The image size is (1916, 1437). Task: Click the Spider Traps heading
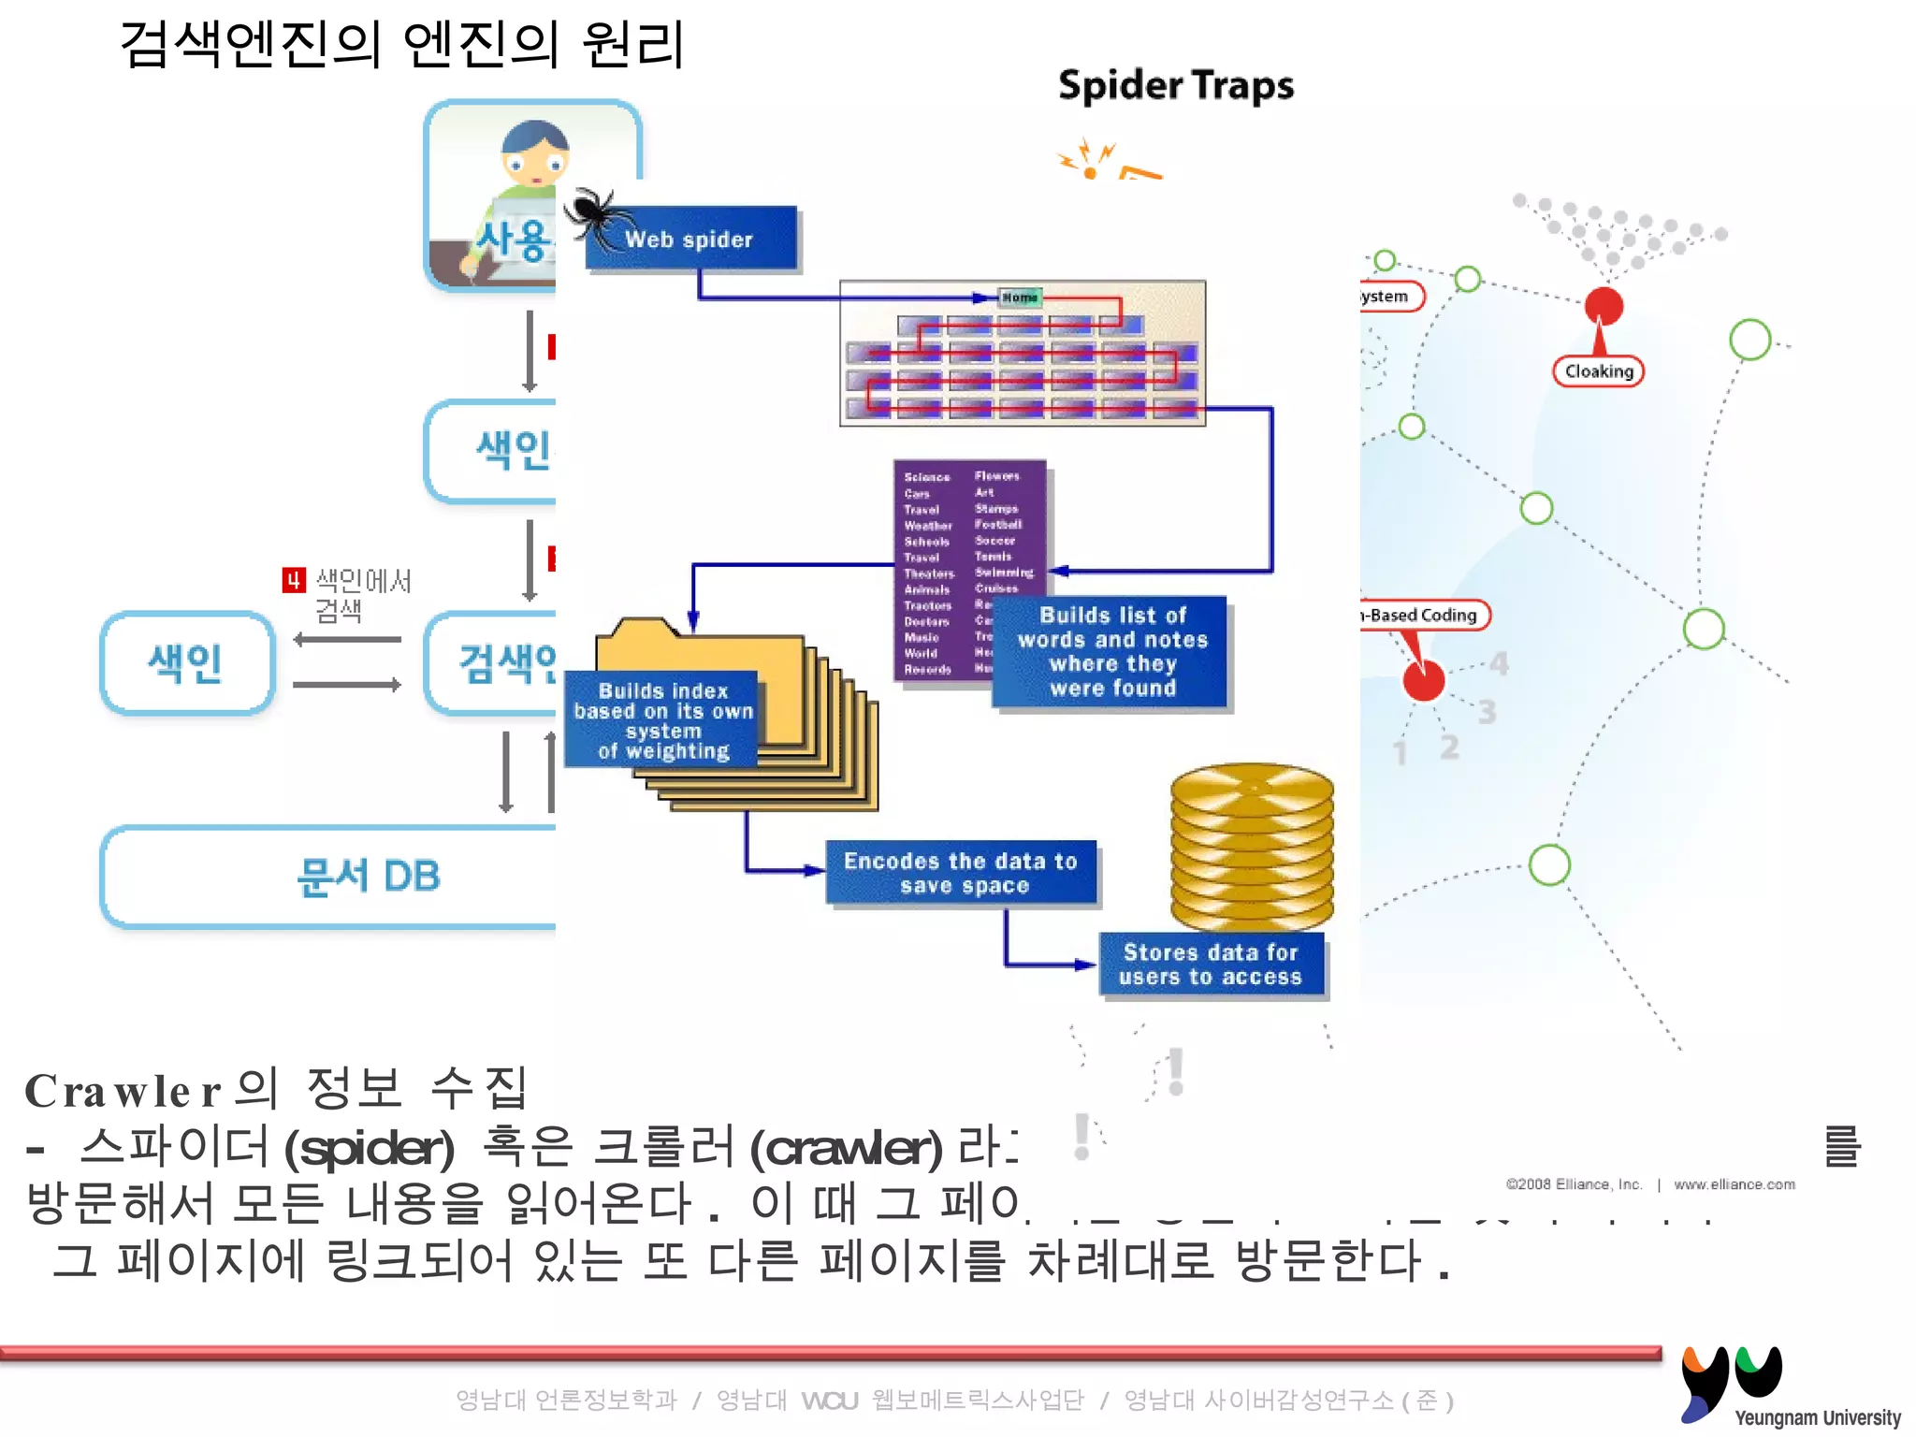[1176, 86]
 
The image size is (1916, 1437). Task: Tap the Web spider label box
[691, 239]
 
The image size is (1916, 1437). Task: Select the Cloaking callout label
[1599, 371]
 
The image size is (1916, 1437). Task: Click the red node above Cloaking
[1604, 305]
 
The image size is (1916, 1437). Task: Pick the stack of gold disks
[1252, 847]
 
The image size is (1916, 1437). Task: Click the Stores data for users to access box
[1212, 965]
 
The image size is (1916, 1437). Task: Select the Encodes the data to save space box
[961, 873]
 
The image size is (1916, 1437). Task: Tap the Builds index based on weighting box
[663, 720]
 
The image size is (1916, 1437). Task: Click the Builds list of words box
[1112, 652]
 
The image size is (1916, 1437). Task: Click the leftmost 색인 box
[186, 663]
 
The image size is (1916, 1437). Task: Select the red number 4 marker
[294, 580]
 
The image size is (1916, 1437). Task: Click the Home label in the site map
[1019, 298]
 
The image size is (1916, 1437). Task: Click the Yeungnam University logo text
[1817, 1417]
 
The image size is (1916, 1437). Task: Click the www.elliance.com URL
[1735, 1184]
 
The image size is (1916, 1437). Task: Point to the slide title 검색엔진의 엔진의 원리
[402, 45]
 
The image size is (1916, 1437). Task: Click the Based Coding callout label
[1423, 615]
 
